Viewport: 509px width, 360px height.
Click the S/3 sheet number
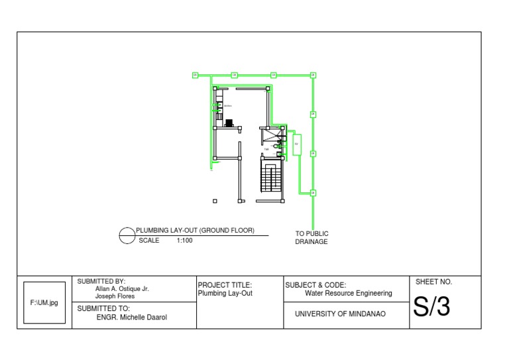[x=431, y=307]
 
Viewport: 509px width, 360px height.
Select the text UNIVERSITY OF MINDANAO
[x=340, y=314]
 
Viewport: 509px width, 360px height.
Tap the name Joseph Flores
[x=115, y=296]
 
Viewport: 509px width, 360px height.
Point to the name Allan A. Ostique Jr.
[x=122, y=289]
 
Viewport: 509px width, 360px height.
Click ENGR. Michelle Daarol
[x=131, y=318]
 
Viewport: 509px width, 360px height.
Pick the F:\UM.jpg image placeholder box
[x=44, y=302]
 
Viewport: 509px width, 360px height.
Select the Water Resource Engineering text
[x=348, y=293]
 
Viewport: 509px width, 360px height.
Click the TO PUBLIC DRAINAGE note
[x=311, y=237]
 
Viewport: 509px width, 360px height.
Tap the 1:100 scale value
[x=184, y=241]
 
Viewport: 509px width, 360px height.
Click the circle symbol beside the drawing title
[x=127, y=235]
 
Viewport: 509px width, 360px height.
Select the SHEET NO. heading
[x=433, y=282]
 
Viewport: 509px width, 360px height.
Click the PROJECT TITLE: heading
[x=225, y=285]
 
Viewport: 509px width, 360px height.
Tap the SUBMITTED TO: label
[x=104, y=308]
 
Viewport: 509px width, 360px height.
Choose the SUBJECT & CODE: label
[x=315, y=285]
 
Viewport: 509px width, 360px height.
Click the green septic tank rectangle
[x=297, y=144]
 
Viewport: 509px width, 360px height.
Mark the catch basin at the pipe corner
[x=313, y=76]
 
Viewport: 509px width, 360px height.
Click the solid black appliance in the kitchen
[x=229, y=123]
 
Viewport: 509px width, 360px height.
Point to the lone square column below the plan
[x=215, y=200]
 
